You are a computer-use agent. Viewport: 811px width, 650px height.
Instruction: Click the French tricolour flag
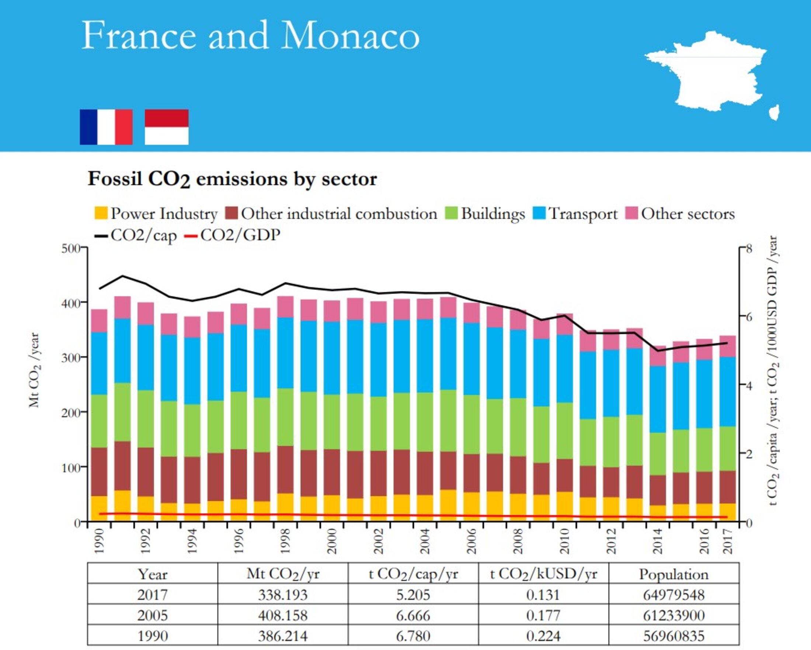(106, 127)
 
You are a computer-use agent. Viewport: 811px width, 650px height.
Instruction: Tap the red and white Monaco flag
(167, 127)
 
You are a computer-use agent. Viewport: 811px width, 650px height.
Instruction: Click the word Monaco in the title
(350, 36)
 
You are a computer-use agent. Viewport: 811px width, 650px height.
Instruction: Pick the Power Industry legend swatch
(101, 213)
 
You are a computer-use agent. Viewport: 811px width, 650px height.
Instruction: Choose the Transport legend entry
(575, 213)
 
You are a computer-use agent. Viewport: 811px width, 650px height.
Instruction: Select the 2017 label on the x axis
(728, 541)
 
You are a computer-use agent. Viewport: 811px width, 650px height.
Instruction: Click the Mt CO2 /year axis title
(34, 370)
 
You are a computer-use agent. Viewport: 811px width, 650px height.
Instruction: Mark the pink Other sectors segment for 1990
(99, 321)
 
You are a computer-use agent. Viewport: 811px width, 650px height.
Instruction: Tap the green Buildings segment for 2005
(448, 421)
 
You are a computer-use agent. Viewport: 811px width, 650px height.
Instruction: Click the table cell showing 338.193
(283, 595)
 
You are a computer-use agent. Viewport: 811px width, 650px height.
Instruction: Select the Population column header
(674, 574)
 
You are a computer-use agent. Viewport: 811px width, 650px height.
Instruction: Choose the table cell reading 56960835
(674, 636)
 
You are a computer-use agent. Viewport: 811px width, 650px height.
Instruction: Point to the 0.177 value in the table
(543, 616)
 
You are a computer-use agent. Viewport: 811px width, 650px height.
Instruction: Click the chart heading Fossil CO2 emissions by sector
(232, 179)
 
